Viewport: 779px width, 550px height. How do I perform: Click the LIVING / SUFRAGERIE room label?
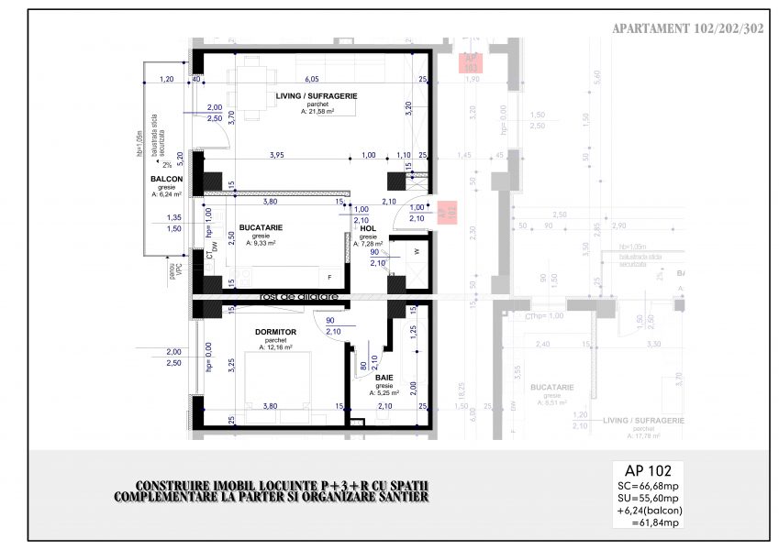pyautogui.click(x=316, y=95)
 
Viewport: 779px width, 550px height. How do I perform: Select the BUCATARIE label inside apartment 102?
pyautogui.click(x=261, y=226)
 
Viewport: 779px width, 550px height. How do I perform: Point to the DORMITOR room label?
pyautogui.click(x=275, y=331)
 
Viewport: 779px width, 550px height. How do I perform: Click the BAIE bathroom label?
pyautogui.click(x=384, y=378)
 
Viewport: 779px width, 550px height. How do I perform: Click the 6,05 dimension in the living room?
pyautogui.click(x=311, y=80)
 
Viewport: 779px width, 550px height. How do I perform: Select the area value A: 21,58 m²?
pyautogui.click(x=316, y=112)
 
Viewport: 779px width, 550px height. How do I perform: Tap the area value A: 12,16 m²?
pyautogui.click(x=275, y=347)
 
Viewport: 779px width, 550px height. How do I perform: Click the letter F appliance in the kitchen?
pyautogui.click(x=330, y=275)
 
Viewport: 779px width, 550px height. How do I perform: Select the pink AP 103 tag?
pyautogui.click(x=471, y=62)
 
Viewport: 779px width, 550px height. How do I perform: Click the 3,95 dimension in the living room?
pyautogui.click(x=276, y=156)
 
